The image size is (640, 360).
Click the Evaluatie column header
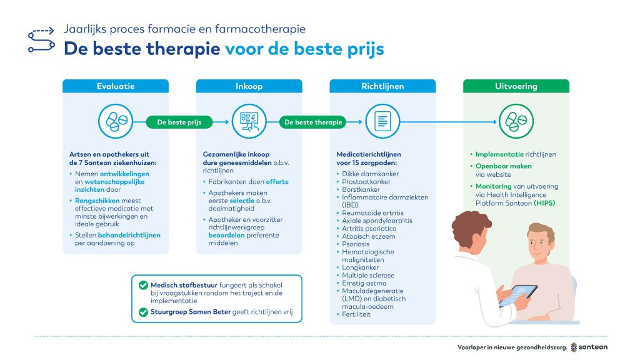116,86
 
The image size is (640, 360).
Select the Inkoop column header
249,86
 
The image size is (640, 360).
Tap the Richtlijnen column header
382,86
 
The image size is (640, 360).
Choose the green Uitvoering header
516,86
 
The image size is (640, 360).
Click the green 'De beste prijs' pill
179,122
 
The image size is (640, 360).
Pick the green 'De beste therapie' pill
313,122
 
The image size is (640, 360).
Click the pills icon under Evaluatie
116,121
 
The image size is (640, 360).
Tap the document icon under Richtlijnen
382,121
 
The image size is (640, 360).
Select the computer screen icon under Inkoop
249,121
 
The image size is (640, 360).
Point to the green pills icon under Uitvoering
516,121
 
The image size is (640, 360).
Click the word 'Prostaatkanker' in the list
366,182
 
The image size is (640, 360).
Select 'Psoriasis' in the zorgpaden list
356,244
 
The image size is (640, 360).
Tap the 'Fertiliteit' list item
356,314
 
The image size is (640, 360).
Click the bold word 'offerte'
277,182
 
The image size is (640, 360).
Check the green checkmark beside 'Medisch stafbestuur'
143,285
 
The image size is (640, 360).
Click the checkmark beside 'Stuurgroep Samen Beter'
143,312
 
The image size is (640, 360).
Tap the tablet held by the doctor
518,296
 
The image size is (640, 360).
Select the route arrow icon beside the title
41,40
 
